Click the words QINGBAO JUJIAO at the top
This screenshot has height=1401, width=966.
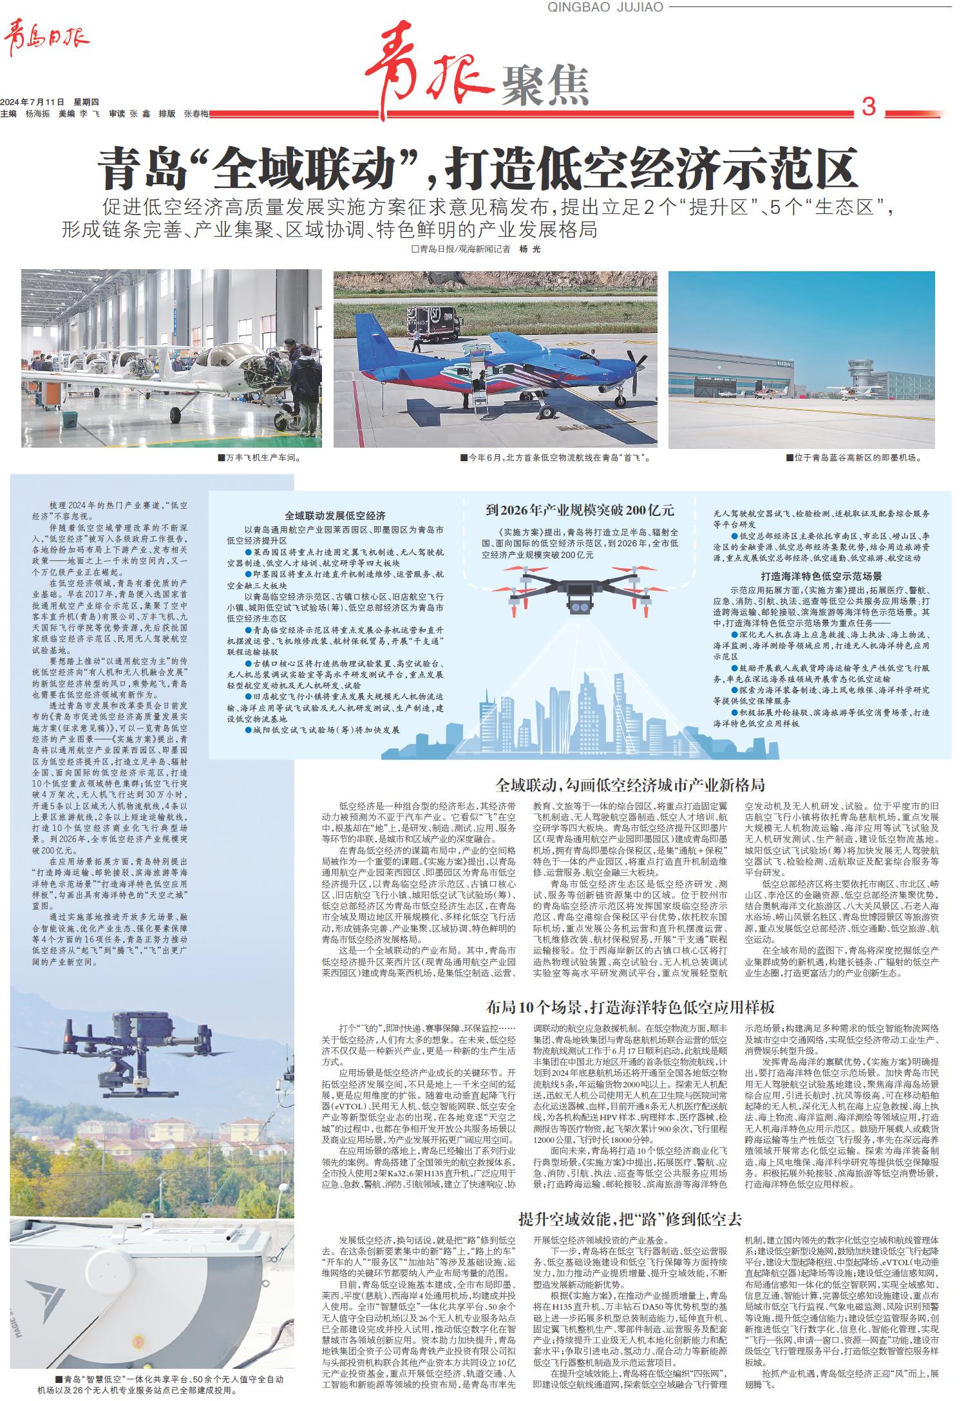[x=604, y=7]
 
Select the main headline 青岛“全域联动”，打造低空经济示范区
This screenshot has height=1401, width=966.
[x=477, y=167]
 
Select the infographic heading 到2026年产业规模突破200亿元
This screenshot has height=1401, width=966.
[x=580, y=511]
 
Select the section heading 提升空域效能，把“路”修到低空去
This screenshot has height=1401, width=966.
[x=630, y=1219]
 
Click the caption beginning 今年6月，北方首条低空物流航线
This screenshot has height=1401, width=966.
[x=557, y=458]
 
